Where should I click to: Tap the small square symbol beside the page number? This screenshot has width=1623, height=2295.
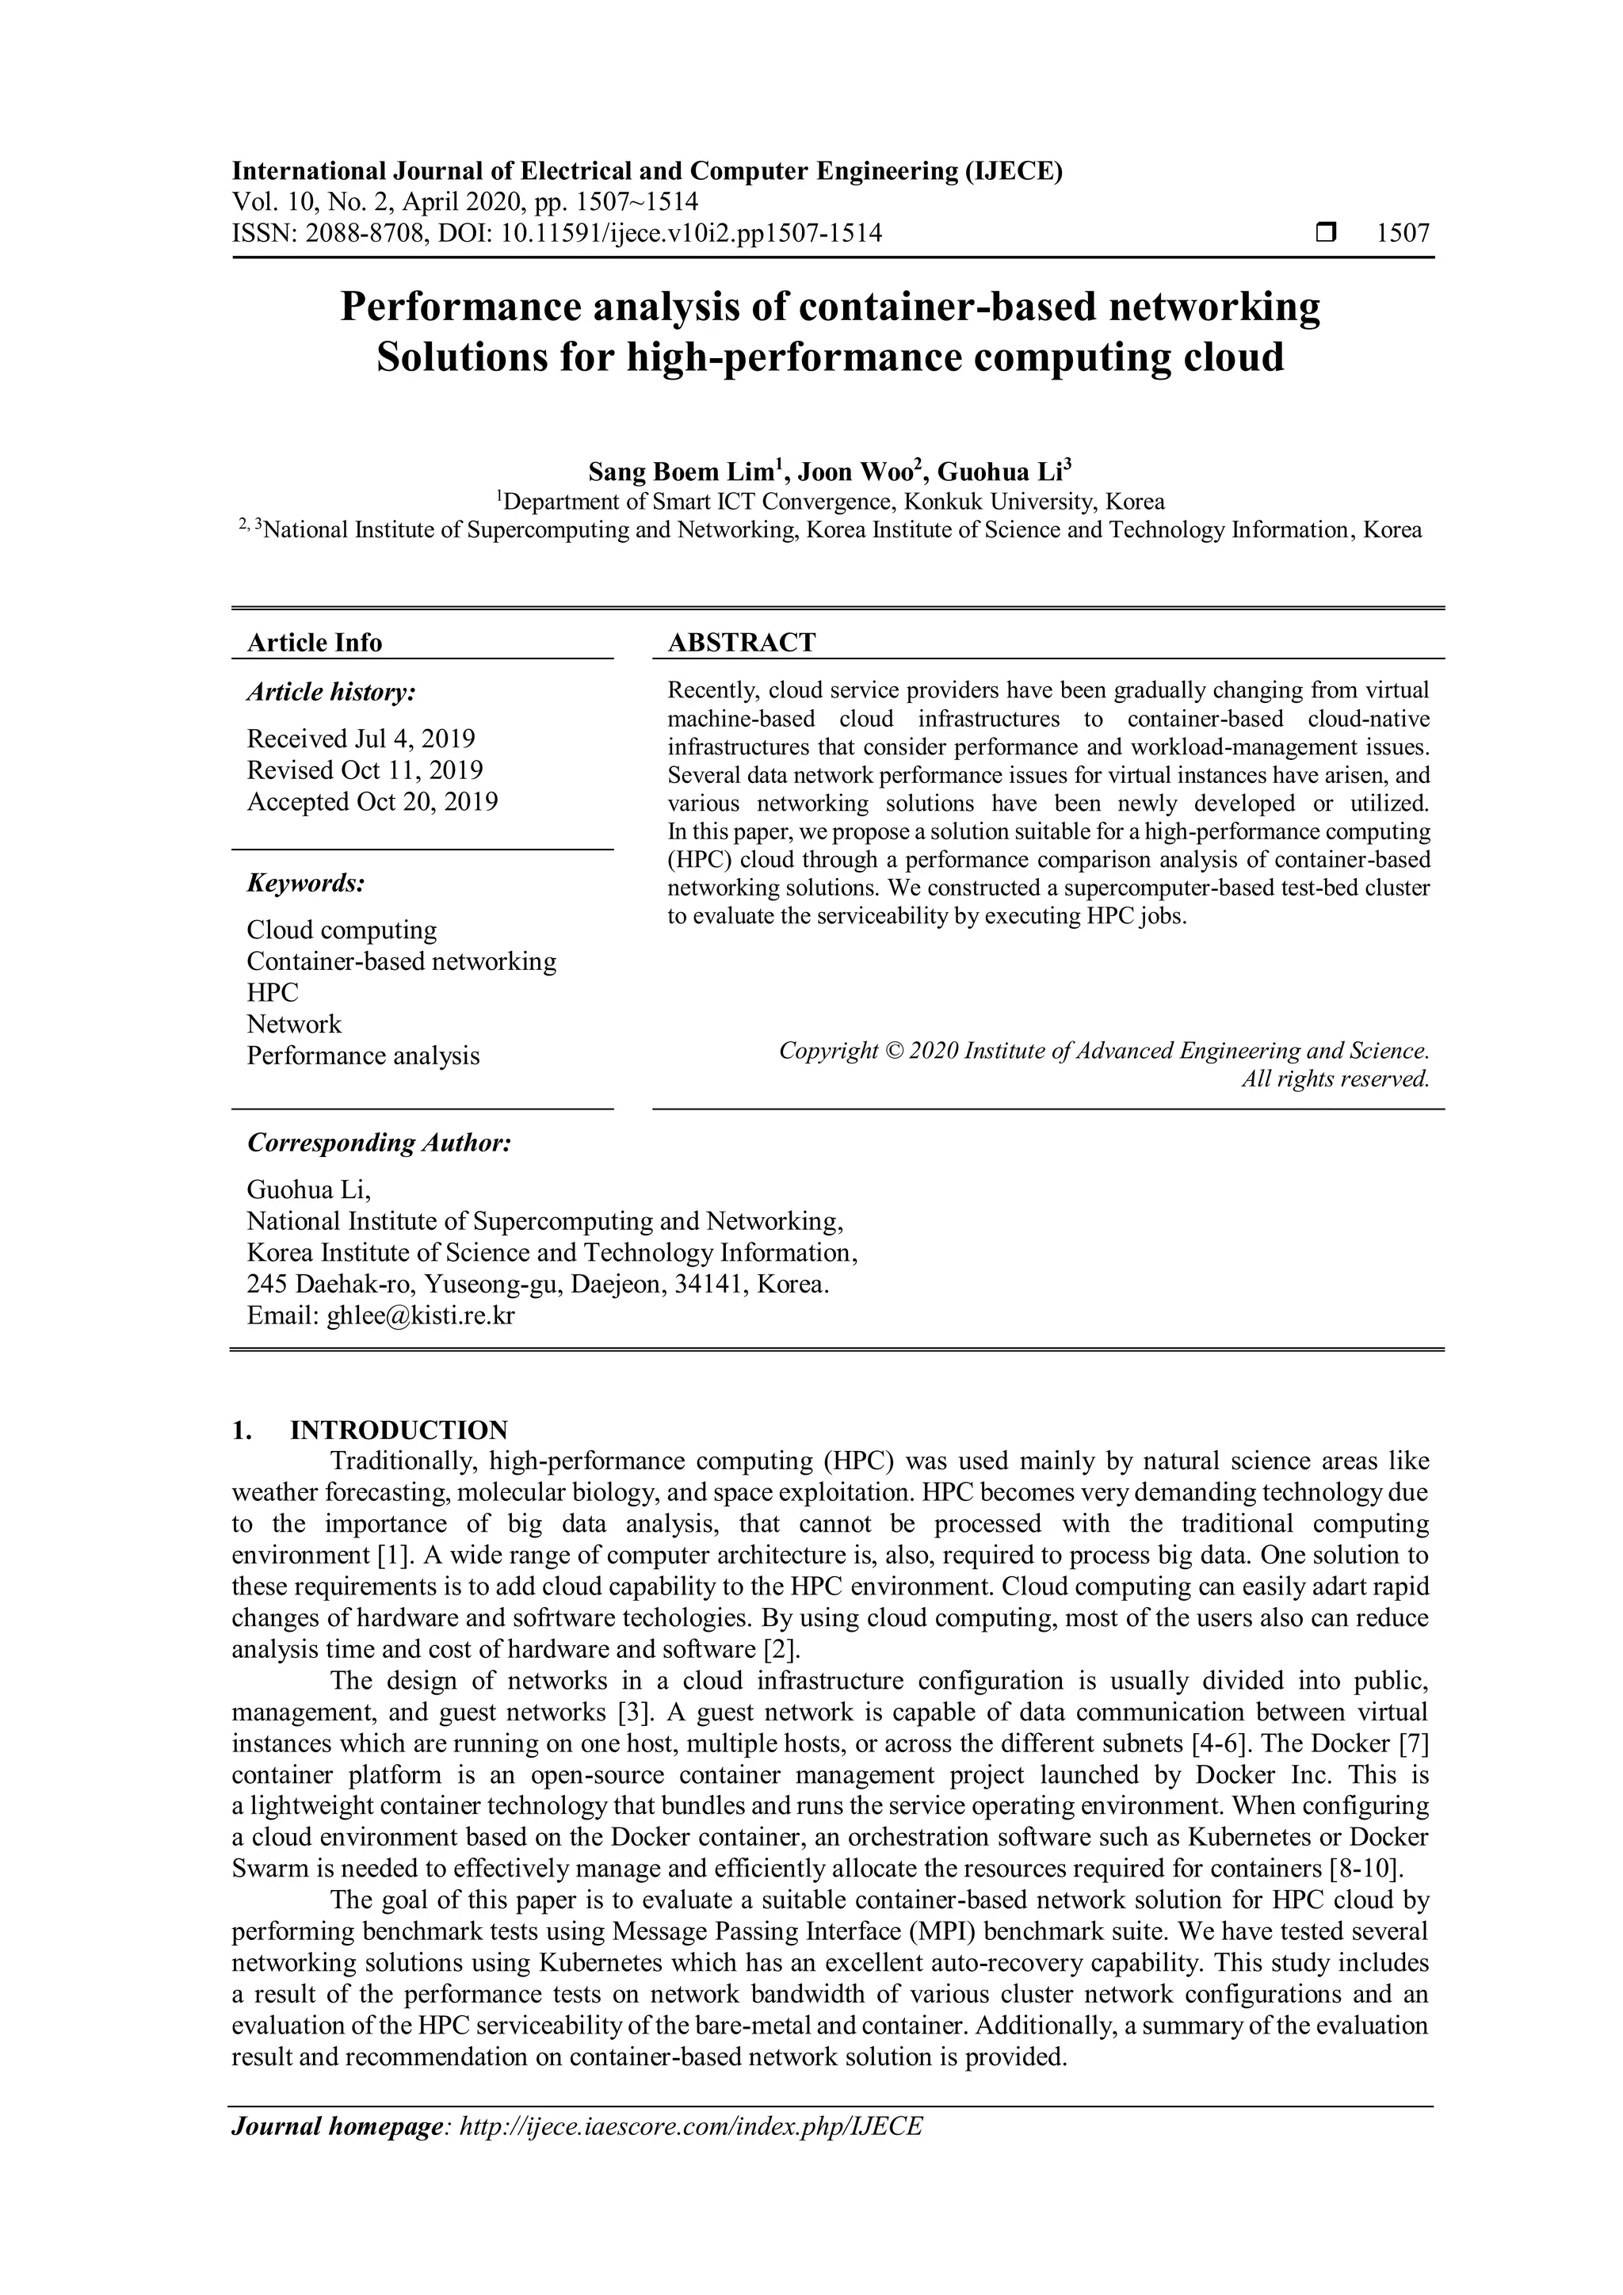1325,234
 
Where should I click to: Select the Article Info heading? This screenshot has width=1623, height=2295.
314,643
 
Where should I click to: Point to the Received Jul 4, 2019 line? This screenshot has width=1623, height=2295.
361,739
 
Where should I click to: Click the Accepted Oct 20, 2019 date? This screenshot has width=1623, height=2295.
372,802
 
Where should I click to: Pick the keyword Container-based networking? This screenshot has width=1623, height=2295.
401,961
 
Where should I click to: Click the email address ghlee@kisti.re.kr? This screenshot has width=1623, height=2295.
421,1316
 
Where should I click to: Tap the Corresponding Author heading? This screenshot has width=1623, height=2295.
379,1143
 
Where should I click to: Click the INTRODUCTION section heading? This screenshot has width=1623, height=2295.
398,1430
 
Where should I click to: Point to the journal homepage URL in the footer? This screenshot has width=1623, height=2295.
689,2126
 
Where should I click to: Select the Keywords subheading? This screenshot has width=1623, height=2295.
306,884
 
